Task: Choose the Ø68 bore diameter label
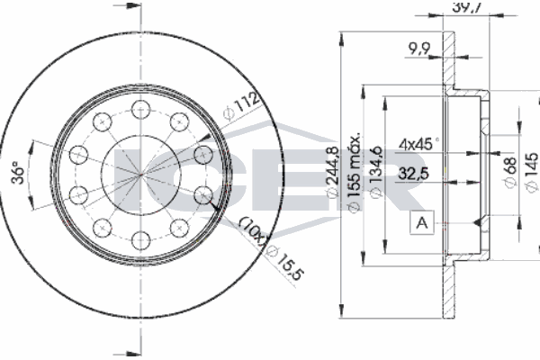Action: [510, 171]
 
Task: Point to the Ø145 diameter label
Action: [531, 171]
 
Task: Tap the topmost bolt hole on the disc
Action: [139, 109]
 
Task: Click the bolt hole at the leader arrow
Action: [202, 194]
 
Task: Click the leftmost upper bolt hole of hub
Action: [77, 154]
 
